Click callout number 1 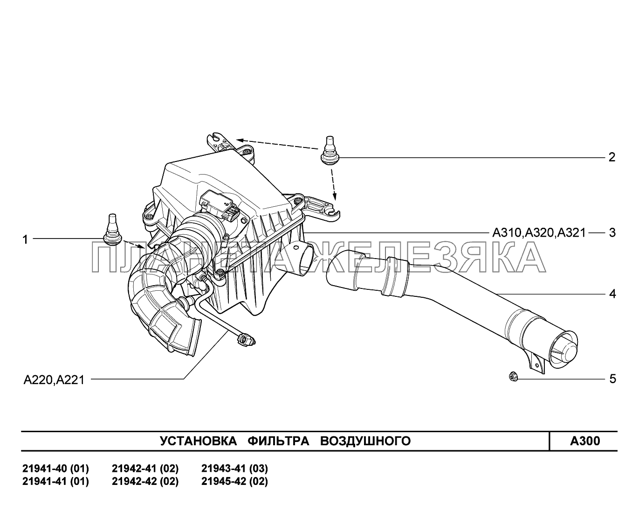26,240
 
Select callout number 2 612,157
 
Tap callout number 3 612,233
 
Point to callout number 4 612,294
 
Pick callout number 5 612,379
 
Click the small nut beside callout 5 513,377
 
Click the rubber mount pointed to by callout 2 330,151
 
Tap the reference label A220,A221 54,380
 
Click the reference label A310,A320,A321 539,233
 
